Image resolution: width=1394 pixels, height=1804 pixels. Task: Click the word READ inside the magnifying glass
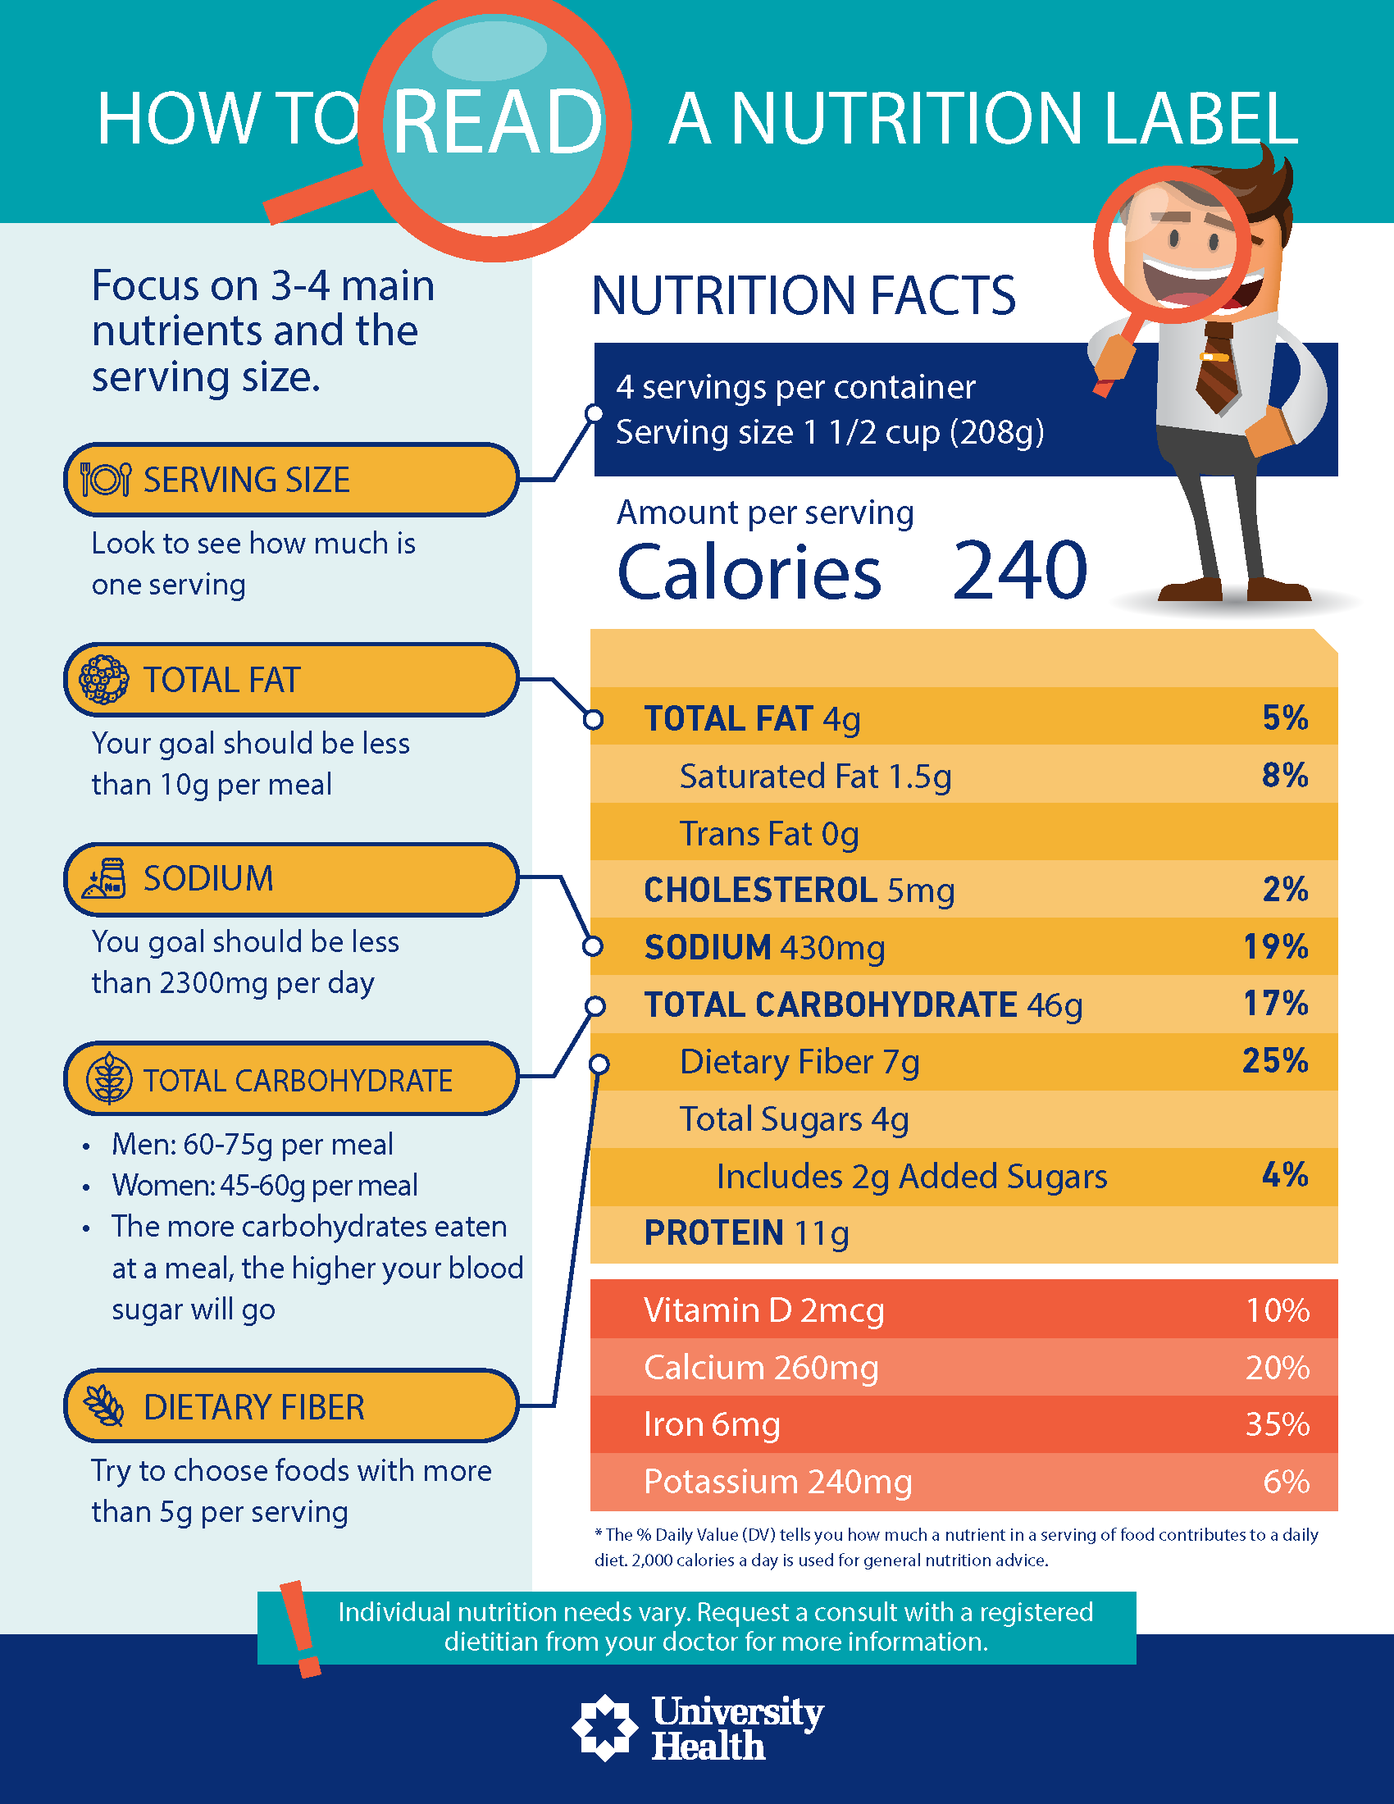497,121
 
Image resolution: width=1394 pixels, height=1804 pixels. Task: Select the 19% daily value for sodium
1275,946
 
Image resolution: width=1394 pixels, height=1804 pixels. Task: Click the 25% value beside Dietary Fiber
1275,1060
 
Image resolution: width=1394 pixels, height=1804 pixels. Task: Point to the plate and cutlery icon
105,479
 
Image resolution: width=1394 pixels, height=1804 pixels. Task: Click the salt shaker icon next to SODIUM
105,878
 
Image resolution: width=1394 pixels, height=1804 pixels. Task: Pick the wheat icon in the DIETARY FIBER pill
105,1405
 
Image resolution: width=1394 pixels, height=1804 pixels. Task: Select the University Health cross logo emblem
605,1727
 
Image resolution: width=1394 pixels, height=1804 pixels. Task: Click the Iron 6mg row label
712,1424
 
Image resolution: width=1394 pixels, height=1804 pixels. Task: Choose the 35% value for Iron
1277,1424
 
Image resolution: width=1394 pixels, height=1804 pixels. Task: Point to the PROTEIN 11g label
746,1233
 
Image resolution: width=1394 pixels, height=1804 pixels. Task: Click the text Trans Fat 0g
769,833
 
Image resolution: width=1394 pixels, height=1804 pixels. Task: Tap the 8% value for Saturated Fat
1284,776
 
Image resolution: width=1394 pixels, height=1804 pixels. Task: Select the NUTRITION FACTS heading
804,296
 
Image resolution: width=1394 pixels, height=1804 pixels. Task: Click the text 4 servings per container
795,387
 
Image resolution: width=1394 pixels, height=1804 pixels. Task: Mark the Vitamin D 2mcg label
764,1310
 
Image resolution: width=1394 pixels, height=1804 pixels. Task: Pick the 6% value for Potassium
1286,1482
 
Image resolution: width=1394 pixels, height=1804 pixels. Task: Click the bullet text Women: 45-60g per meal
264,1186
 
